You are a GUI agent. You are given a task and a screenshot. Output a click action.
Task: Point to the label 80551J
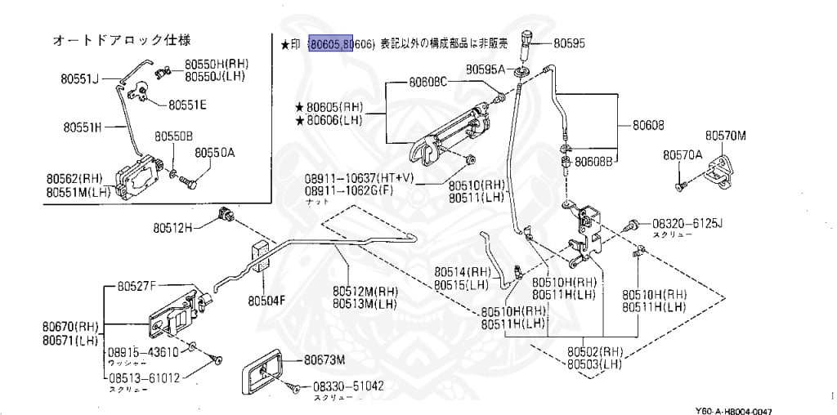[x=78, y=79]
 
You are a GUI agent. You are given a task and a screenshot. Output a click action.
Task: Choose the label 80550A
[x=214, y=152]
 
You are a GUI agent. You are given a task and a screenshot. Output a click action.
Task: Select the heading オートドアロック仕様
[x=122, y=39]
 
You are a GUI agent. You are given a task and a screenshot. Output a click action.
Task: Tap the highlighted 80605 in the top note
[x=325, y=42]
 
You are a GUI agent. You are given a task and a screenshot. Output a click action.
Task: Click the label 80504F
[x=266, y=300]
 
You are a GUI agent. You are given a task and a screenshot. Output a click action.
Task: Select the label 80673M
[x=325, y=359]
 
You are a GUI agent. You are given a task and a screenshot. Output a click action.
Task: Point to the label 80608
[x=647, y=126]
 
